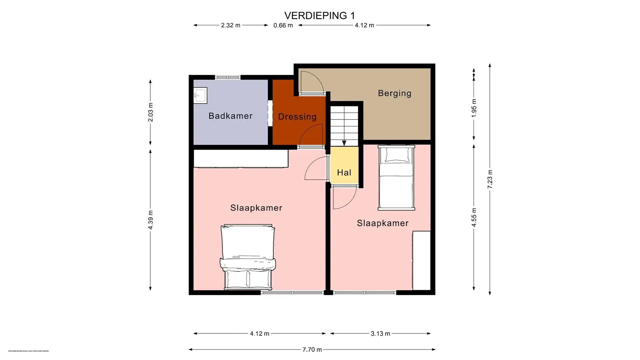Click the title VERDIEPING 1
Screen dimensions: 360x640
(319, 16)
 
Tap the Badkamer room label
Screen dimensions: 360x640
(230, 116)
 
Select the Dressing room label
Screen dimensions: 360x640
(297, 117)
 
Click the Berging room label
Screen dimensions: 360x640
(394, 93)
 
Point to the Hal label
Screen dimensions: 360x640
(344, 173)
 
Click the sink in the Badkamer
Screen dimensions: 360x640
(200, 95)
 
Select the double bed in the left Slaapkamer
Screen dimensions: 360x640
(247, 257)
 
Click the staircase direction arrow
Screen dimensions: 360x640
(344, 143)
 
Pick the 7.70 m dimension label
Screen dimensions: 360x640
(312, 350)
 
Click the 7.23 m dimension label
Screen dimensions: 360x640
(490, 179)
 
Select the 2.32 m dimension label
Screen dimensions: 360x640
(230, 25)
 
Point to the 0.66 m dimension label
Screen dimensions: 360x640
(283, 25)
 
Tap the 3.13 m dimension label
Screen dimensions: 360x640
(380, 333)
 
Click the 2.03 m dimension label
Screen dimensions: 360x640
(150, 112)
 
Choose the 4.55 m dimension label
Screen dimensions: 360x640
(474, 217)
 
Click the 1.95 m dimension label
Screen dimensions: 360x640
(474, 108)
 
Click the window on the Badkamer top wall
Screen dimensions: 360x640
(227, 77)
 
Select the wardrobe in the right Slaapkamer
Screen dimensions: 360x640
(421, 260)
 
